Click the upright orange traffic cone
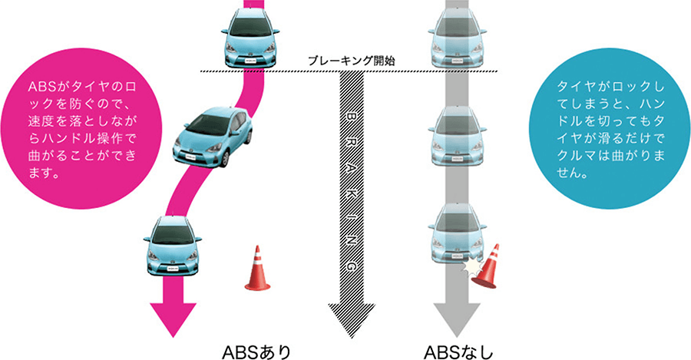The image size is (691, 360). coord(257,270)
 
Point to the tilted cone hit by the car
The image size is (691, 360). coord(486,266)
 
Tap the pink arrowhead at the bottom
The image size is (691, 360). coord(173,319)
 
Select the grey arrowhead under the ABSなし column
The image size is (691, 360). coord(458,318)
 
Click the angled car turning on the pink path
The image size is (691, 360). coord(212,137)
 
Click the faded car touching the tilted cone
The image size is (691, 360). coord(458,234)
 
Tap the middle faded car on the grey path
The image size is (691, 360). coord(458,137)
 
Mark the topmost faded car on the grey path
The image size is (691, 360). coord(458,38)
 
